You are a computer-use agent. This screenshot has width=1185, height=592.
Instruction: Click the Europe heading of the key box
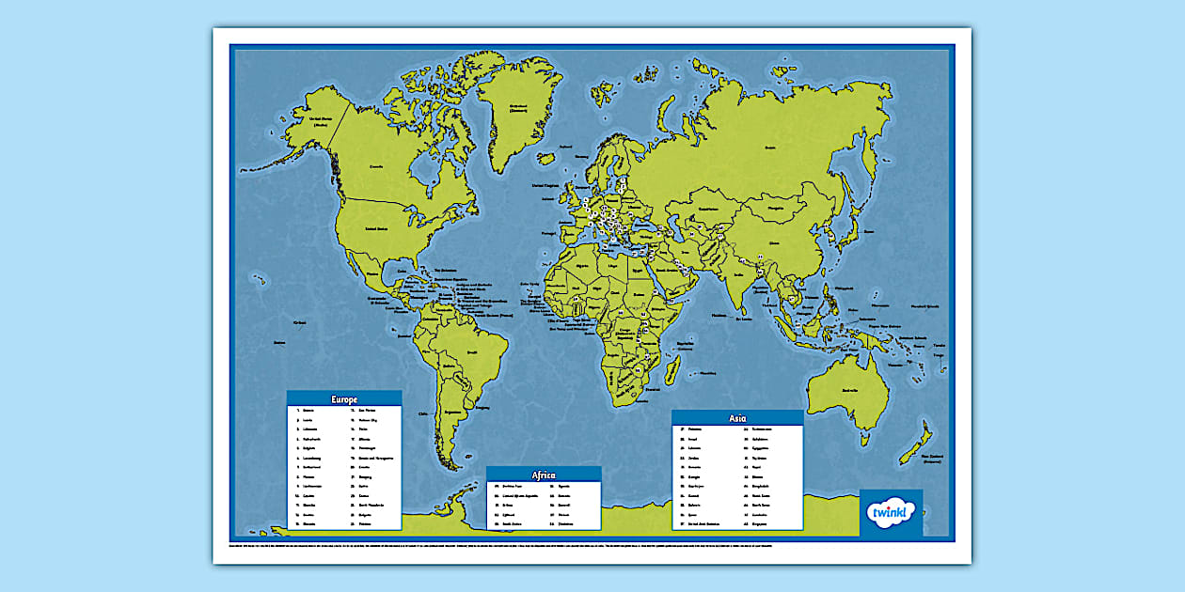click(344, 398)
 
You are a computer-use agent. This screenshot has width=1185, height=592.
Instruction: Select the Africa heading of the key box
click(543, 475)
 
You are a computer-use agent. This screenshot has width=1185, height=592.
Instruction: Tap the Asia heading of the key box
click(737, 418)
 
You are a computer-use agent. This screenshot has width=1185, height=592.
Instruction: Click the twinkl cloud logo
click(891, 513)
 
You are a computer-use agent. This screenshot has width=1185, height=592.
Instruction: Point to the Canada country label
click(376, 167)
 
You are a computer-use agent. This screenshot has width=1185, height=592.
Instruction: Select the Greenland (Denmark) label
click(516, 107)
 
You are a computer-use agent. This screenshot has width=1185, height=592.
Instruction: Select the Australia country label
click(852, 388)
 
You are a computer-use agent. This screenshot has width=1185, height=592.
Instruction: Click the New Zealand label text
click(931, 459)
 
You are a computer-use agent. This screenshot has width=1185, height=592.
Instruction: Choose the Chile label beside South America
click(423, 413)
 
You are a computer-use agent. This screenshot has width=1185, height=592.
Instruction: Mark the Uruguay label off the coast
click(483, 407)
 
